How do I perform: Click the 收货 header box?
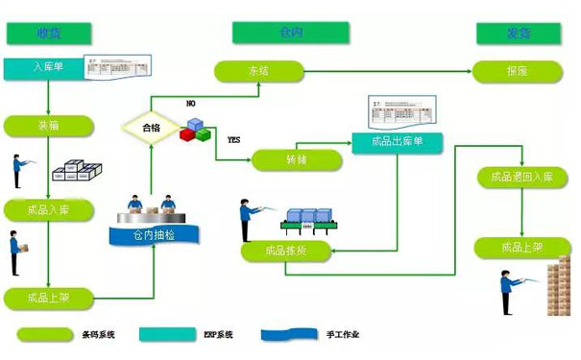[x=49, y=34]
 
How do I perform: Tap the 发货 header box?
[x=518, y=34]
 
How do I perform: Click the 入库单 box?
[x=43, y=68]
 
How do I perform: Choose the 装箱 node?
[x=49, y=125]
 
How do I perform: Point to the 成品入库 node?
[x=49, y=208]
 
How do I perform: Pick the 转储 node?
[x=295, y=159]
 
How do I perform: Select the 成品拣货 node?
[x=288, y=252]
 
